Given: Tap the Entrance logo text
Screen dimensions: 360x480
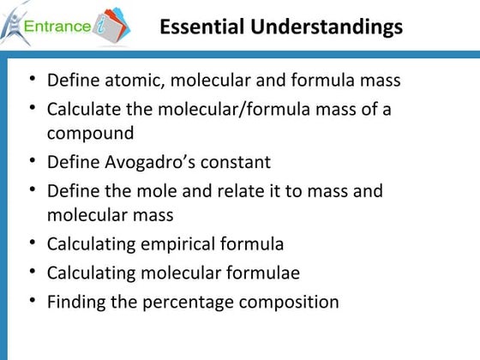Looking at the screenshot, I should point(60,27).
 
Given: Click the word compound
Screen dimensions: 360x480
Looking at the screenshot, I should point(90,133).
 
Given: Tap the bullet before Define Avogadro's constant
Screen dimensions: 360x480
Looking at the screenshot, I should point(32,161).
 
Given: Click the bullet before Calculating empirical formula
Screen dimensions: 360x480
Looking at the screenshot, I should point(32,243).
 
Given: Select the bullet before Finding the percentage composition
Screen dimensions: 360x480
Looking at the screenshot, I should point(32,301).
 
